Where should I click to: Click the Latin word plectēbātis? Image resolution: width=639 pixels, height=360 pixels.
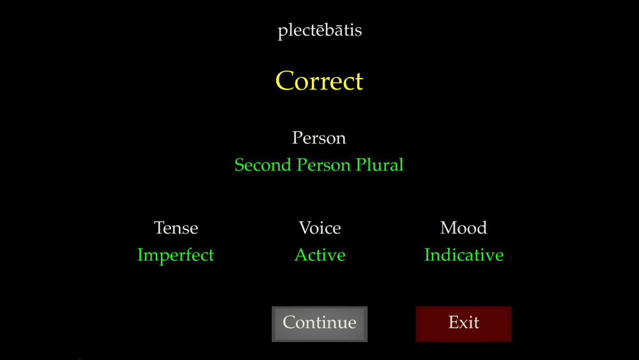point(319,31)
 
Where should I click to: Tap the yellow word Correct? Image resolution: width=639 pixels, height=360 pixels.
point(319,81)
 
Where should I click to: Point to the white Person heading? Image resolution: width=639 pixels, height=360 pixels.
point(319,138)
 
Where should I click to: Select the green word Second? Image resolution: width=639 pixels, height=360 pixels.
point(263,165)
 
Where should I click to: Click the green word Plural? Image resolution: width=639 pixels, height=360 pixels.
point(380,165)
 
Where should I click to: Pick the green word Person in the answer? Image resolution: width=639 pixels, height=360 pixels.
point(323,165)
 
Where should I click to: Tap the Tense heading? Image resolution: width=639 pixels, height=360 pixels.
point(176,228)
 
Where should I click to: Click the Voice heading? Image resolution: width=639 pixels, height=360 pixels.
point(319,228)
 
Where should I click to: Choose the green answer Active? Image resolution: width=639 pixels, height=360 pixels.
point(320,254)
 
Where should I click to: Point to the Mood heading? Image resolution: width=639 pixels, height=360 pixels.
point(463,228)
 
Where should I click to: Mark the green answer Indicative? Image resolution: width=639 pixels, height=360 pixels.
point(464,254)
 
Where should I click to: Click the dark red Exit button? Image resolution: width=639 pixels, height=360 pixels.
point(463,324)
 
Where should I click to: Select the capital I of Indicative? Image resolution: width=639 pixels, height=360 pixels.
point(428,254)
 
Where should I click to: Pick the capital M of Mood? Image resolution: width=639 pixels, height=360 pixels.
point(448,228)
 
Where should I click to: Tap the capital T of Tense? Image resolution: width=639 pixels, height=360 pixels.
point(159,228)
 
